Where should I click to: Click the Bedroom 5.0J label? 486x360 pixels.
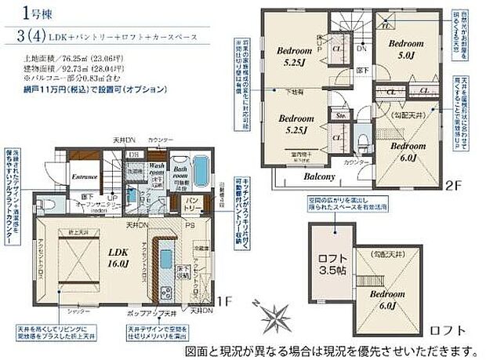[407, 49]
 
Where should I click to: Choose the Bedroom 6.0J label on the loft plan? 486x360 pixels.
[388, 300]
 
